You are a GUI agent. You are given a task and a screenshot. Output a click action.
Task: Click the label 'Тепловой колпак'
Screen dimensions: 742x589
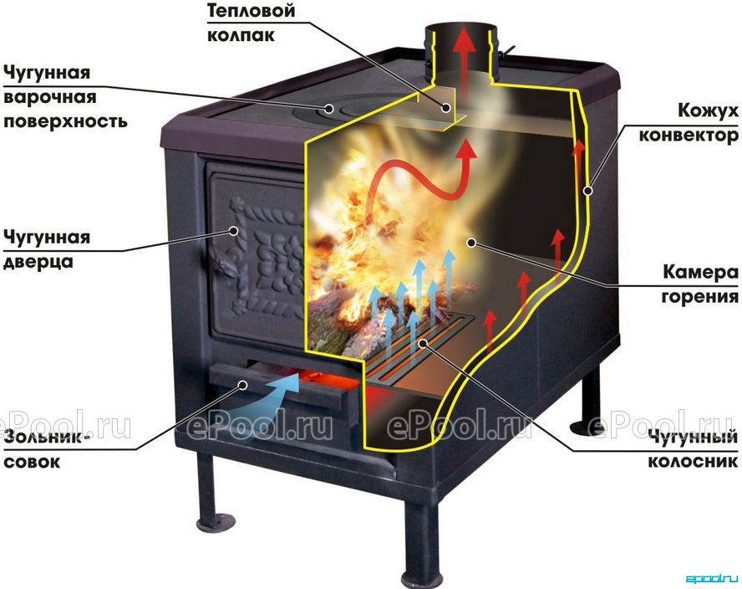click(x=251, y=23)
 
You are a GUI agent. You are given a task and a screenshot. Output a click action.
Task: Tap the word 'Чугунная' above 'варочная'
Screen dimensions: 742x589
click(x=47, y=74)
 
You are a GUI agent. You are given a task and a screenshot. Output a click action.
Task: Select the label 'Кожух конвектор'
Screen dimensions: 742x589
click(x=688, y=123)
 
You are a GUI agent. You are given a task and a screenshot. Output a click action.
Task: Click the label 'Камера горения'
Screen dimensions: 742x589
click(x=700, y=284)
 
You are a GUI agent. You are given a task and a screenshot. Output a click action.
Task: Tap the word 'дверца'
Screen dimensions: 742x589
click(x=38, y=262)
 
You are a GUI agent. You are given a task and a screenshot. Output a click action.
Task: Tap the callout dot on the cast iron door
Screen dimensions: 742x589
click(x=234, y=231)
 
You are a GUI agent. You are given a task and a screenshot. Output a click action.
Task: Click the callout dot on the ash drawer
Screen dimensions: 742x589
click(x=243, y=385)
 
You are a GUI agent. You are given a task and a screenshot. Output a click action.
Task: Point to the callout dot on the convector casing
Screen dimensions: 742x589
click(x=587, y=191)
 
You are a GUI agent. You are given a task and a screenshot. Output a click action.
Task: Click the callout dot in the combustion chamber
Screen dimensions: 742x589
click(x=470, y=243)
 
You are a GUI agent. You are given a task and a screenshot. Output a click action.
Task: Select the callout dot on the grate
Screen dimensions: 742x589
click(x=424, y=342)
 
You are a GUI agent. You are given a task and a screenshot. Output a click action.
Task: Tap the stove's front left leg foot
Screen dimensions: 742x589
click(x=216, y=523)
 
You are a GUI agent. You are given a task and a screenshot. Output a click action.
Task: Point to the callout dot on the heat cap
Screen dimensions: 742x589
click(x=445, y=108)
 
